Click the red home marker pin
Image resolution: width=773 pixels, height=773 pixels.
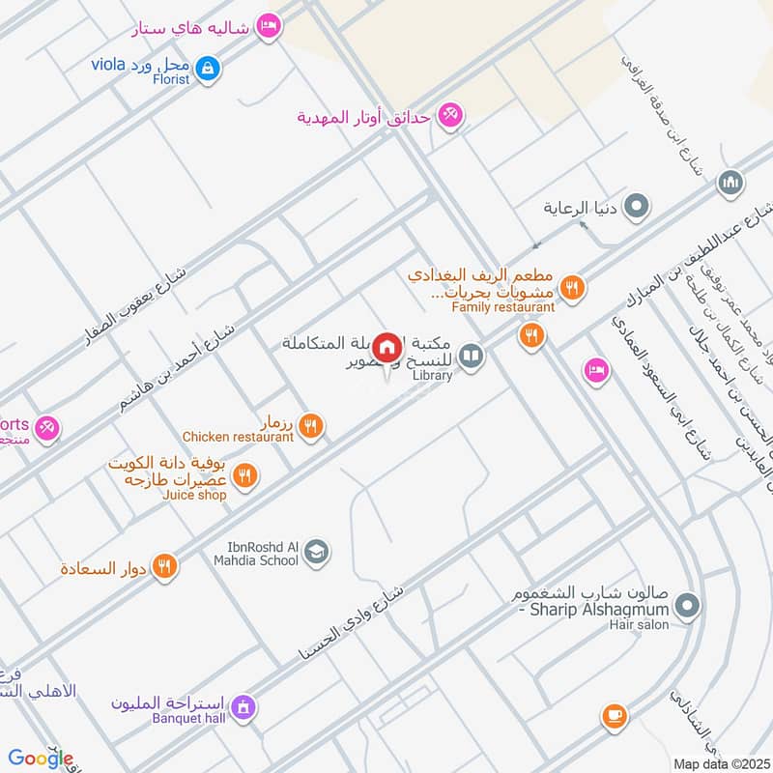tap(387, 348)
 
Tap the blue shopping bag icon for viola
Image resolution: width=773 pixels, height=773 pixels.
tap(207, 69)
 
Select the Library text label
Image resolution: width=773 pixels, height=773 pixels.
tap(432, 376)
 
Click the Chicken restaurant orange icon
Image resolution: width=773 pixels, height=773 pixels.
tap(311, 424)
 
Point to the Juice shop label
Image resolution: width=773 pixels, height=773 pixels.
tap(196, 496)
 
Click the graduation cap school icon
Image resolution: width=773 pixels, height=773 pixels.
tap(316, 553)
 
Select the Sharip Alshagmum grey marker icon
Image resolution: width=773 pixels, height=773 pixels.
tap(687, 607)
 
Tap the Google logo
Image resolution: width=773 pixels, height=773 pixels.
tap(41, 759)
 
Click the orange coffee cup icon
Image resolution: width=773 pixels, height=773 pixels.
tap(614, 716)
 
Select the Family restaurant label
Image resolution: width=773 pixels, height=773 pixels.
tap(503, 307)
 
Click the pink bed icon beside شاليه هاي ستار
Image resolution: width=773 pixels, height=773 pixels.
tap(271, 27)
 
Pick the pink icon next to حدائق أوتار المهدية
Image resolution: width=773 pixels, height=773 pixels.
tap(448, 117)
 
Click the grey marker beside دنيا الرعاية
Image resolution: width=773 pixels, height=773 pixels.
tap(637, 206)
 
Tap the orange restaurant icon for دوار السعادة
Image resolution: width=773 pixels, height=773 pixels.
tap(166, 567)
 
